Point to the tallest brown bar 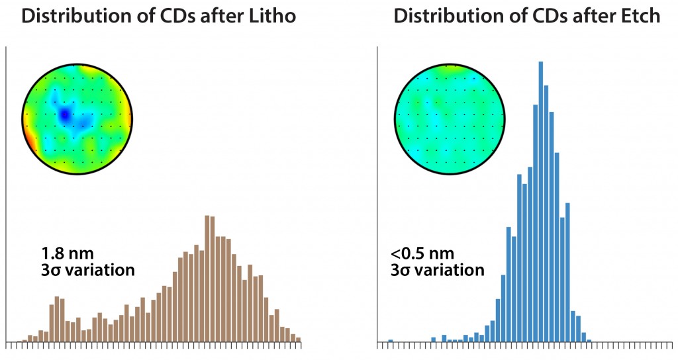click(207, 278)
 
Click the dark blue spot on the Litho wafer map click(64, 115)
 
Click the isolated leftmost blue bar click(390, 341)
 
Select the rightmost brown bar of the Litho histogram click(298, 339)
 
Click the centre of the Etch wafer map click(449, 120)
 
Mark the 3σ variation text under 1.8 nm click(87, 271)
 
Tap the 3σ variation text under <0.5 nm click(437, 271)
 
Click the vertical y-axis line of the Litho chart click(7, 199)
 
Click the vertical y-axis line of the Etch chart click(377, 199)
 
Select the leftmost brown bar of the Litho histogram click(24, 341)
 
